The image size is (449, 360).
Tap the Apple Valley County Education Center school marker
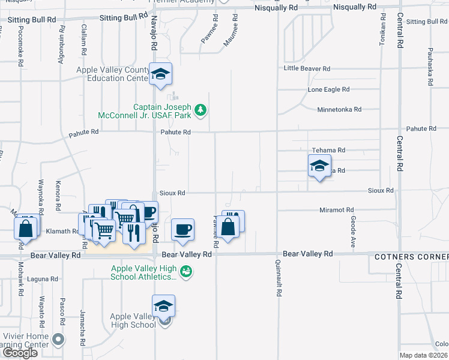click(160, 74)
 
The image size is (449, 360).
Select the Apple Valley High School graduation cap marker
click(163, 307)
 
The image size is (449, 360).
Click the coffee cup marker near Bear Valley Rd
click(182, 230)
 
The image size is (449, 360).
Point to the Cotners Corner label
click(411, 257)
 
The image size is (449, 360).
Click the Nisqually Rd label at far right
click(355, 7)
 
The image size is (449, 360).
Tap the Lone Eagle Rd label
click(328, 89)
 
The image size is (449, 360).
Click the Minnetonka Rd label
click(339, 110)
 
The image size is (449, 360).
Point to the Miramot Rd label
click(336, 210)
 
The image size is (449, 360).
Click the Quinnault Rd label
click(279, 279)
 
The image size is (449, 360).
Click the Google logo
click(20, 353)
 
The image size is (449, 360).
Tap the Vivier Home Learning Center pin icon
click(58, 340)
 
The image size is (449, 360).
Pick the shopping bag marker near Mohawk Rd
click(25, 228)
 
